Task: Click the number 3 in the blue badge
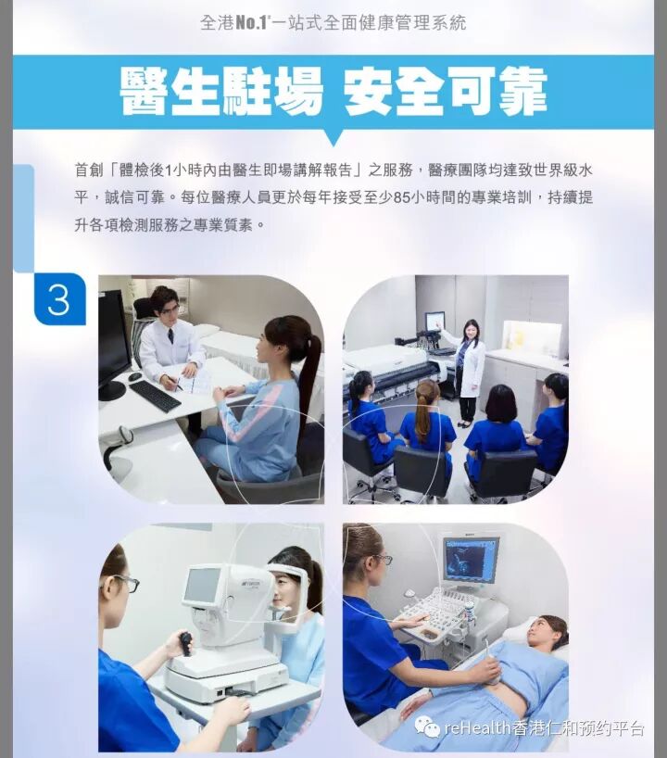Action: [x=58, y=299]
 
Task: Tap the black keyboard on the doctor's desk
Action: [x=155, y=396]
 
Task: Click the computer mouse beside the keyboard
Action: [x=135, y=376]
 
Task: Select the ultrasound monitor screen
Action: [x=471, y=559]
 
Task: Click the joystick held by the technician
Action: [x=185, y=643]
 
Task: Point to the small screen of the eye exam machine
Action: [x=202, y=586]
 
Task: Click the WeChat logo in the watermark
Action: [x=427, y=727]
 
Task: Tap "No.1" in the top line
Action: [x=250, y=23]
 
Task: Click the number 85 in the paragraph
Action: [x=402, y=197]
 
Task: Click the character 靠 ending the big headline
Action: [x=522, y=92]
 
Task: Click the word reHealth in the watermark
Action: [x=477, y=727]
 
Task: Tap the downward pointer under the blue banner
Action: [x=333, y=138]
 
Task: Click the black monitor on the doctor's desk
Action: [x=114, y=346]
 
